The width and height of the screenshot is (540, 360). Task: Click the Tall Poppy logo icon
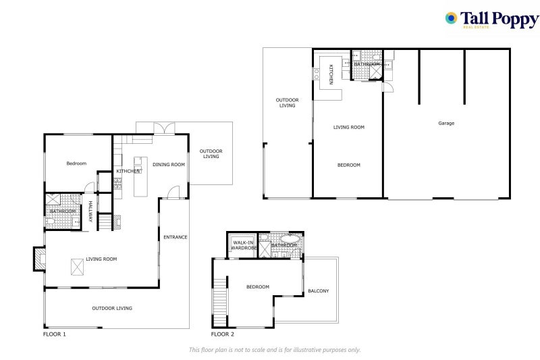[451, 18]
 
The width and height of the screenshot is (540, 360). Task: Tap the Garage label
[446, 124]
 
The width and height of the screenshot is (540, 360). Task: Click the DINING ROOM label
[168, 164]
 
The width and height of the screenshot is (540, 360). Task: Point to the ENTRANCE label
[175, 237]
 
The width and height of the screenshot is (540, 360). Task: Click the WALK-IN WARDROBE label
[244, 245]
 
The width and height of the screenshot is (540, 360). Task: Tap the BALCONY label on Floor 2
[319, 291]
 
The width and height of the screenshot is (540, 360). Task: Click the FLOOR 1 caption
[54, 334]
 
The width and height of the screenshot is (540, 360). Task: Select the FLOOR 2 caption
[223, 334]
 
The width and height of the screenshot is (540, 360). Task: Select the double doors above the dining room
[163, 128]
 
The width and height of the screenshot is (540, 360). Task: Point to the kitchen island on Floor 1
[140, 176]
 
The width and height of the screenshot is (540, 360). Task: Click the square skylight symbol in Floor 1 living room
[78, 269]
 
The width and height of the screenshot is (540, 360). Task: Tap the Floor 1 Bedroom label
[76, 163]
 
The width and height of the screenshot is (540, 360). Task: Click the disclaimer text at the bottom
[274, 349]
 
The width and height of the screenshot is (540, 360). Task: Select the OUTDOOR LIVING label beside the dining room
[211, 154]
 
